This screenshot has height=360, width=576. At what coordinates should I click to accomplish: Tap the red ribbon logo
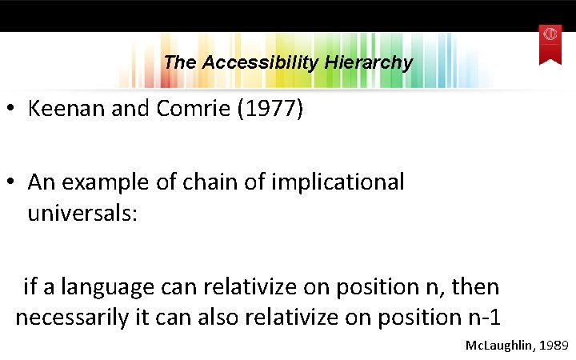550,42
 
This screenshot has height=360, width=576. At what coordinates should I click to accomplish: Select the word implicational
338,182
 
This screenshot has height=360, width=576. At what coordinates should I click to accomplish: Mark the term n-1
483,318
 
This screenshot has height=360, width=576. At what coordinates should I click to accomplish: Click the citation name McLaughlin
498,346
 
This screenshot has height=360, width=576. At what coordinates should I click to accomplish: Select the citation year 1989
554,346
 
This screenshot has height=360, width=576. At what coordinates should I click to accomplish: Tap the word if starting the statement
30,286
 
